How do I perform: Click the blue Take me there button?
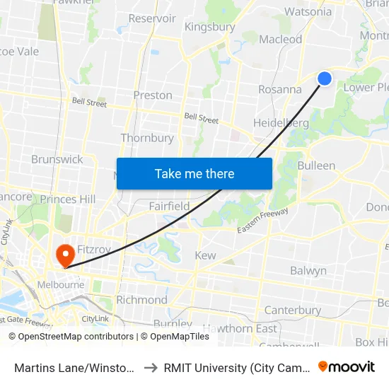pyautogui.click(x=194, y=173)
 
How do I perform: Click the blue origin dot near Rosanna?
pyautogui.click(x=325, y=79)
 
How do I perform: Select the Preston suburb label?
pyautogui.click(x=153, y=95)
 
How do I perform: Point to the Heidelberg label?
pyautogui.click(x=281, y=123)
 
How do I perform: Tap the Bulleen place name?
pyautogui.click(x=316, y=166)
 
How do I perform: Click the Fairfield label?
pyautogui.click(x=169, y=206)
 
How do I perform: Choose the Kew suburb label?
pyautogui.click(x=205, y=255)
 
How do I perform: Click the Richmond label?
pyautogui.click(x=141, y=300)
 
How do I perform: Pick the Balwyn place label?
pyautogui.click(x=308, y=271)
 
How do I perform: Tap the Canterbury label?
pyautogui.click(x=292, y=310)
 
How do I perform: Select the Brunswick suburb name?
pyautogui.click(x=57, y=159)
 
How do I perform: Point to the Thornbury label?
pyautogui.click(x=147, y=138)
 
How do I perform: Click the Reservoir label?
pyautogui.click(x=152, y=18)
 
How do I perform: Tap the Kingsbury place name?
pyautogui.click(x=209, y=27)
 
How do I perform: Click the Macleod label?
pyautogui.click(x=280, y=40)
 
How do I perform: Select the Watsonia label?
pyautogui.click(x=308, y=11)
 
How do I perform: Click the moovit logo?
pyautogui.click(x=347, y=366)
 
